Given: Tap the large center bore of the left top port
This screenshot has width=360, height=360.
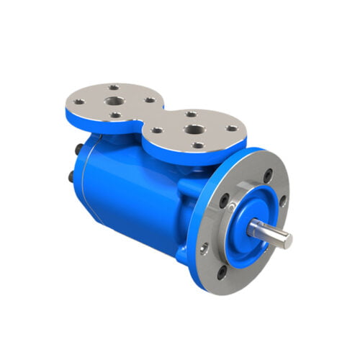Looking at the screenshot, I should pyautogui.click(x=115, y=101).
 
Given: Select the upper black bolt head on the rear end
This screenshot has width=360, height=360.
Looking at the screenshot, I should pyautogui.click(x=78, y=150).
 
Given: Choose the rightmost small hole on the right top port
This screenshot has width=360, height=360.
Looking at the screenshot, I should pyautogui.click(x=231, y=129).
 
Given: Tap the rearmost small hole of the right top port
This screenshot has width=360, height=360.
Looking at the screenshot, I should pyautogui.click(x=190, y=114).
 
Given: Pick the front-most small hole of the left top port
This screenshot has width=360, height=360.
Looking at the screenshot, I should pyautogui.click(x=116, y=114).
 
